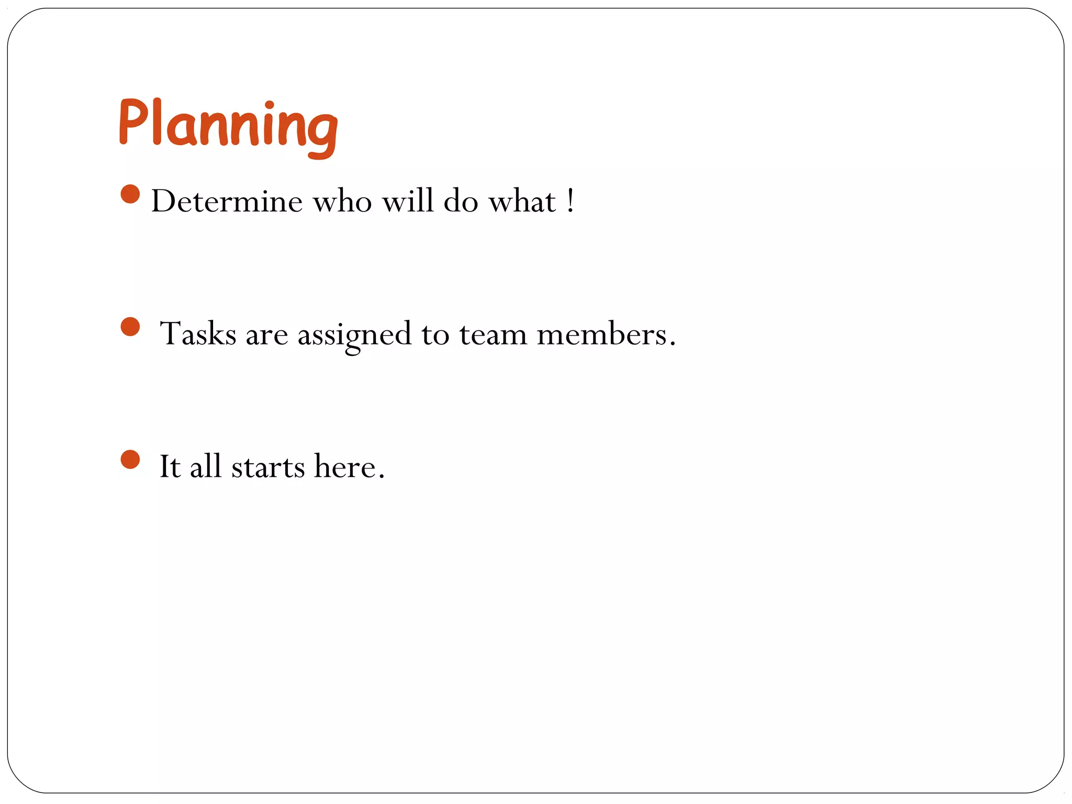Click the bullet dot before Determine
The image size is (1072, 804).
[130, 194]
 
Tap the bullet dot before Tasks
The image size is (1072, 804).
[130, 327]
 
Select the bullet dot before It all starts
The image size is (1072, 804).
[130, 460]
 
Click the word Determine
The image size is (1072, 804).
[227, 201]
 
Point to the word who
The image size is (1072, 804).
[342, 201]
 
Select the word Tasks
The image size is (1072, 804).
[198, 334]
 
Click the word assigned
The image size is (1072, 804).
[354, 335]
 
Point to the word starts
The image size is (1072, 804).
[268, 467]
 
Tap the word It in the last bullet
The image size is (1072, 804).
[170, 466]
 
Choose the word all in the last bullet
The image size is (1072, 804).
[206, 466]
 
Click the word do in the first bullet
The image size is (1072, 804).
[461, 201]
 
